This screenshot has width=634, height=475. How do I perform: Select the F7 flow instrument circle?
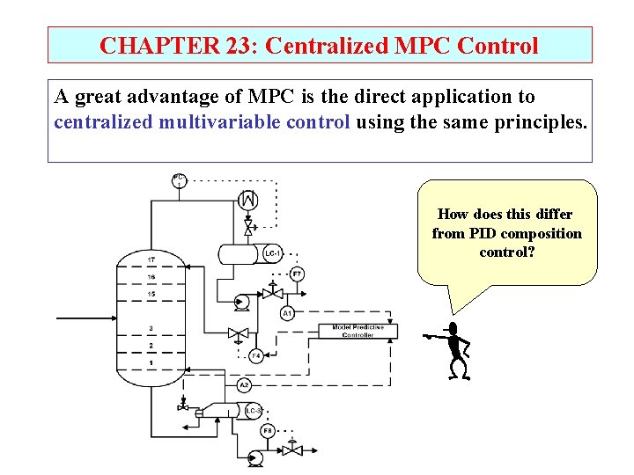(298, 274)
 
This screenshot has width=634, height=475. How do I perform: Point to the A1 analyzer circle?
(287, 313)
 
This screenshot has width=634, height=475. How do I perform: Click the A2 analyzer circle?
(245, 385)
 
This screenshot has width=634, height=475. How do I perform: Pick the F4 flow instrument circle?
(255, 356)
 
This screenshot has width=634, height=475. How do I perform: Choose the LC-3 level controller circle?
(253, 411)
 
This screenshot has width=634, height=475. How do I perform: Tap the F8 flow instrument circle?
(268, 431)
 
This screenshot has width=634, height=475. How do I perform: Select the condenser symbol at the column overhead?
(248, 200)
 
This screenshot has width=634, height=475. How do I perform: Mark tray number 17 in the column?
(151, 259)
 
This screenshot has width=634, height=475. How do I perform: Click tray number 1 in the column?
(151, 362)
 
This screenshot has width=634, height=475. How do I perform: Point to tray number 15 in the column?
(151, 293)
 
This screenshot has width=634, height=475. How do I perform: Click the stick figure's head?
(454, 329)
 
